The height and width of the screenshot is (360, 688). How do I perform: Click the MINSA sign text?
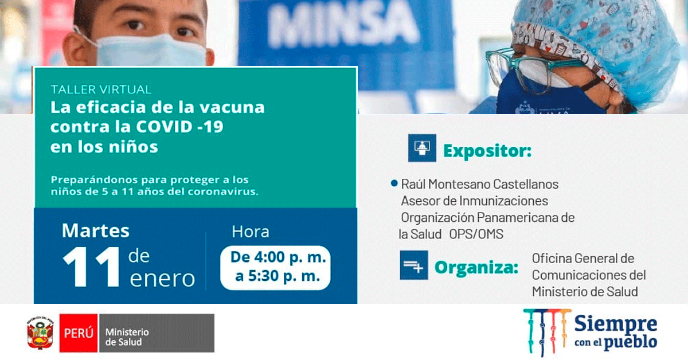click(343, 25)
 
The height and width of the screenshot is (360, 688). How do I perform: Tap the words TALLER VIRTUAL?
click(101, 89)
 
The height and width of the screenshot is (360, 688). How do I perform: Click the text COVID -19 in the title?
click(179, 126)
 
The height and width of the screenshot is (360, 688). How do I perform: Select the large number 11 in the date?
click(91, 267)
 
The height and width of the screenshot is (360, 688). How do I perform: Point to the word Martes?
click(96, 230)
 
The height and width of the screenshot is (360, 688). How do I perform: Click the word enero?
click(162, 278)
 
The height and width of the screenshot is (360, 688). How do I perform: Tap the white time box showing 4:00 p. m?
click(275, 268)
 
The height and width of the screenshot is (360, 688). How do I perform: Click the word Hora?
click(251, 232)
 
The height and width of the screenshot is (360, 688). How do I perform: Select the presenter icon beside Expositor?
click(422, 148)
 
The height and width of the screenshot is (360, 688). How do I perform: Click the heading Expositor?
click(487, 151)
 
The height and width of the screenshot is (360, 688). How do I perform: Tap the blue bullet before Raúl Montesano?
click(394, 183)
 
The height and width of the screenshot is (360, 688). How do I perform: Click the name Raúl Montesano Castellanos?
click(480, 185)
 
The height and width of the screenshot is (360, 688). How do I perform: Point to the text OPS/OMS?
click(476, 234)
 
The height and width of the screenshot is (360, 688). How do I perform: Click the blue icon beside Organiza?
click(414, 265)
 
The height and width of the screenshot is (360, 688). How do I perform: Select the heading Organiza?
click(476, 268)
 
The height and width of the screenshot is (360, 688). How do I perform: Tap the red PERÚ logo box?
click(79, 333)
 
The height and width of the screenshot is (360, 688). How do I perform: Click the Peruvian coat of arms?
click(40, 332)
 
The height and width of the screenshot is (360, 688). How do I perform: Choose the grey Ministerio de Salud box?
click(157, 333)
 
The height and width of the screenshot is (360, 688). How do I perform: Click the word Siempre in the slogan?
click(616, 324)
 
